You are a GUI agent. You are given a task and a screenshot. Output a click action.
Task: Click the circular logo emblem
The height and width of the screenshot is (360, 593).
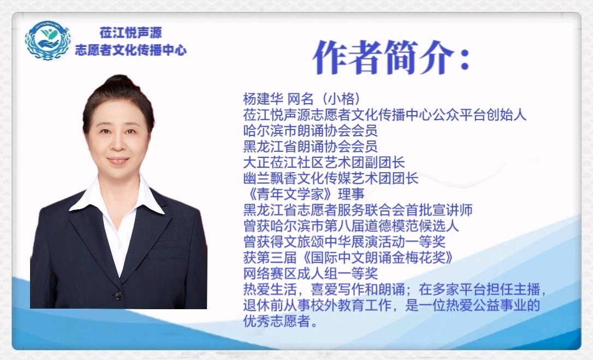pos(48,40)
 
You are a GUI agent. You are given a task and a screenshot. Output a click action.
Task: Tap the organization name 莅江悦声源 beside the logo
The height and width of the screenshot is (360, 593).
pos(131,33)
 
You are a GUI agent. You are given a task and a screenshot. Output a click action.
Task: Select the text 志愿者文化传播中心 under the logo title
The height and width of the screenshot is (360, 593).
pos(131,50)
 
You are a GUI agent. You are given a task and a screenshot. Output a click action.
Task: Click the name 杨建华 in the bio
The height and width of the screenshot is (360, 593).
pos(263,99)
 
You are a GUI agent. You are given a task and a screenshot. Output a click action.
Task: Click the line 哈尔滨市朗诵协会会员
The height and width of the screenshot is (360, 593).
pos(310,131)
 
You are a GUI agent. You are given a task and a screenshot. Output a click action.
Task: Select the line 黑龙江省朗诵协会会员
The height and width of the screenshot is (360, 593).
pos(310,146)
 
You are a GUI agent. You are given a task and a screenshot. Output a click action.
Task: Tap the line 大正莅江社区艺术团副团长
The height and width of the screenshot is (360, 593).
pos(324,162)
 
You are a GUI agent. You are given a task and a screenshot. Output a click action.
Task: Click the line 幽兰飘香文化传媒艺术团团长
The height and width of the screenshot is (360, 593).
pos(330,178)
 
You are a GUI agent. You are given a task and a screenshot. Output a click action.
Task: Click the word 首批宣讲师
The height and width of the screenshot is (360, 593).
pos(438,210)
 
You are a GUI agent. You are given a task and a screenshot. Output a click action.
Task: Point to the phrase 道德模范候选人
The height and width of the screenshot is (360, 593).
pos(412,226)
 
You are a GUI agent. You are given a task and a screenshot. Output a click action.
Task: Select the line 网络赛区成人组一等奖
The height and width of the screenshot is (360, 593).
pos(310,274)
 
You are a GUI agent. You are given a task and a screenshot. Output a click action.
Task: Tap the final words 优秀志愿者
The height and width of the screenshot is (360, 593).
pos(276,321)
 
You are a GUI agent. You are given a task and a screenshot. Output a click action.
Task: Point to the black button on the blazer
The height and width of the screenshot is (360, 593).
pos(118,295)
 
